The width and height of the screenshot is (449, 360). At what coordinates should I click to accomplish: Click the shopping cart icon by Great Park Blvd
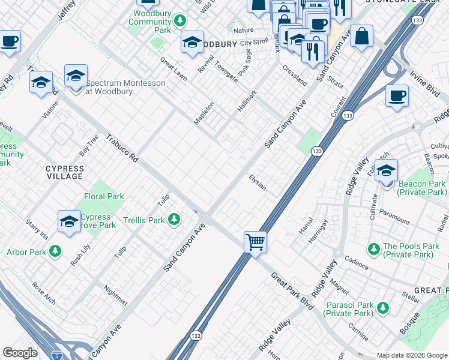pyautogui.click(x=256, y=242)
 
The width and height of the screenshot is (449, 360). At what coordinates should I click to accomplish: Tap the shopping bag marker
pyautogui.click(x=363, y=36)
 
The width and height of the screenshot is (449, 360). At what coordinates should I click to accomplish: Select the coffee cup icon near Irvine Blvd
pyautogui.click(x=397, y=96)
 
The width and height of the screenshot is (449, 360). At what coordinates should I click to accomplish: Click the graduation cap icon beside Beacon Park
pyautogui.click(x=386, y=170)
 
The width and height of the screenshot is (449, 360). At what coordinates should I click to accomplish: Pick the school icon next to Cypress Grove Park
pyautogui.click(x=70, y=221)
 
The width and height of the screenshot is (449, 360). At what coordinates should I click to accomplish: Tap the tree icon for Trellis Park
pyautogui.click(x=174, y=220)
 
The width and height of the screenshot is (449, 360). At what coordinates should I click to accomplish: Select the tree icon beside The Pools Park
pyautogui.click(x=373, y=247)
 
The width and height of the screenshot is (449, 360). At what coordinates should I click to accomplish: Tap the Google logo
pyautogui.click(x=20, y=353)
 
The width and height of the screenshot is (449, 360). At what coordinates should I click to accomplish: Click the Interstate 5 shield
pyautogui.click(x=56, y=355)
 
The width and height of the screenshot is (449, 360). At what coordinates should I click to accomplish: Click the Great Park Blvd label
pyautogui.click(x=292, y=291)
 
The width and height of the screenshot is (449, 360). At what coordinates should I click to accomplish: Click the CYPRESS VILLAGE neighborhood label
pyautogui.click(x=65, y=173)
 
